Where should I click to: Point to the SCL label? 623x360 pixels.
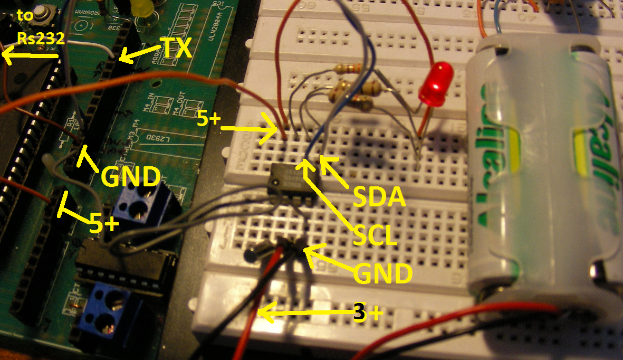[375, 235]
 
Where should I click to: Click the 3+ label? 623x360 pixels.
[368, 313]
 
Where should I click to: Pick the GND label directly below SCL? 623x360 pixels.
[382, 274]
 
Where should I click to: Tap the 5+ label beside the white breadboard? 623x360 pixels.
[209, 119]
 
